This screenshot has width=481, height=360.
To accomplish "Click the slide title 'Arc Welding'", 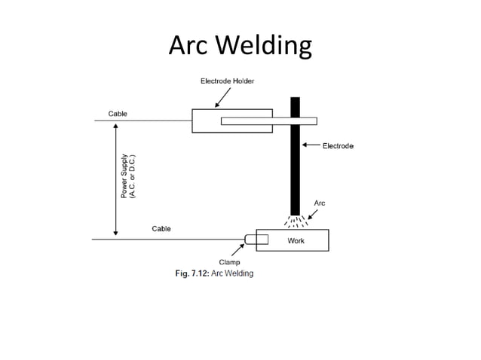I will coord(240,46).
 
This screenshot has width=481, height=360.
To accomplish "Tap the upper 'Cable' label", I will coord(118,113).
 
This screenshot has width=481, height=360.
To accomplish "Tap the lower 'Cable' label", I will coord(161,228).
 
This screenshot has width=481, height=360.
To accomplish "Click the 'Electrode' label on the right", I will coord(338,145).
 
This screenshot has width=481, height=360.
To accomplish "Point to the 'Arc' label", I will coord(319,203).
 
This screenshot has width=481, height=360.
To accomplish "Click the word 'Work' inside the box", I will coord(296,241).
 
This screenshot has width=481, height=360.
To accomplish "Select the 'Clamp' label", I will coord(229,262).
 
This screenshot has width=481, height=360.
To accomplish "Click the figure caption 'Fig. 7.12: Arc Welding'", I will coord(210,273).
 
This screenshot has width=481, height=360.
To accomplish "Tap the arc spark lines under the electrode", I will coord(295,221).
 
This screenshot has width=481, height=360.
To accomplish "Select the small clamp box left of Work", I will coord(260,240).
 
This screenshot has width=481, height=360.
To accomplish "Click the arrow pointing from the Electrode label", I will coord(311,145).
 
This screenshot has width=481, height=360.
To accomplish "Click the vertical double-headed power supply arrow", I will coord(115,179).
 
